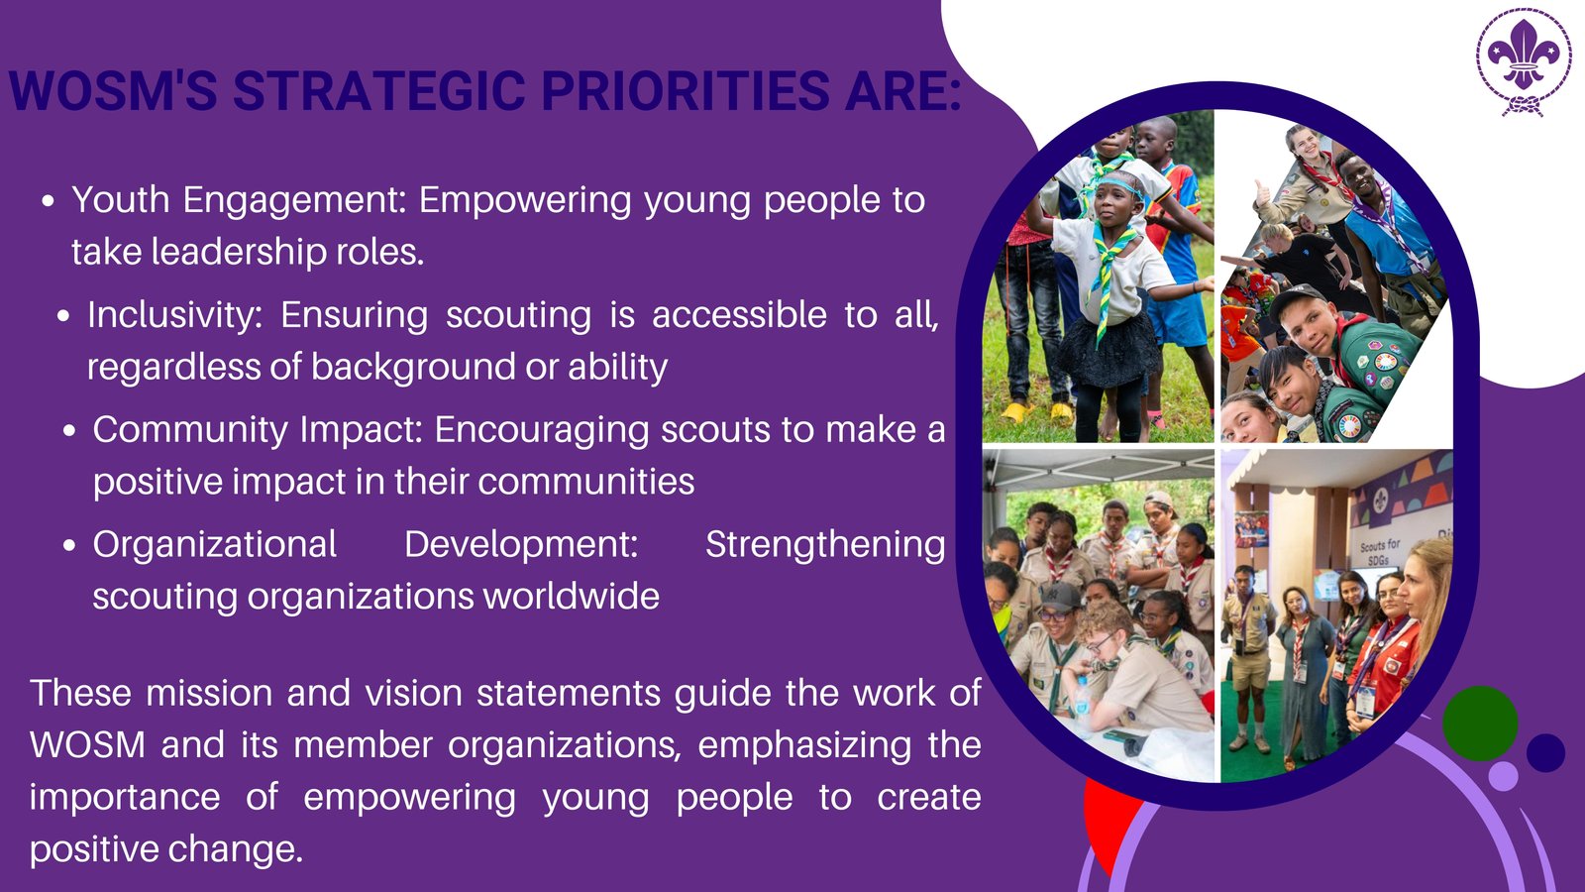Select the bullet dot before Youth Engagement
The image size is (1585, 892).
[49, 201]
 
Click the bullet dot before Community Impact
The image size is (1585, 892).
[69, 430]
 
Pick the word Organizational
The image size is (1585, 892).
[214, 545]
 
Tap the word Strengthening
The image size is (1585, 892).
[825, 545]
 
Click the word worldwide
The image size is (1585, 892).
[571, 596]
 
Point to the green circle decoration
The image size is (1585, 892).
[1480, 723]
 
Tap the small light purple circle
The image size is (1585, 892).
[1503, 776]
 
